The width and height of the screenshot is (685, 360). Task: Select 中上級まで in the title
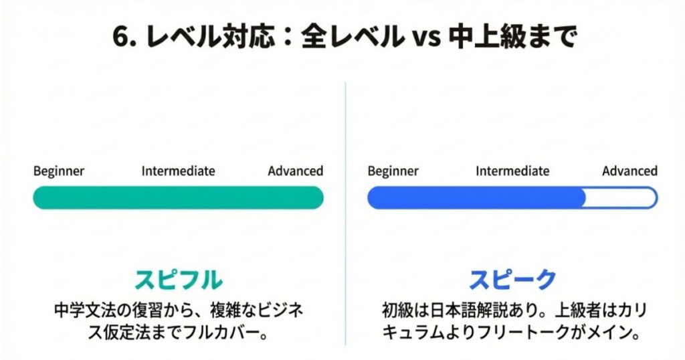point(512,36)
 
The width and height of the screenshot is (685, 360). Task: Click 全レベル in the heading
point(353,36)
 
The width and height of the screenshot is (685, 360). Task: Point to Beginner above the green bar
point(59,171)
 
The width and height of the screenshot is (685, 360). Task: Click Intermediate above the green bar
point(178,171)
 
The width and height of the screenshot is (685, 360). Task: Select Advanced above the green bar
point(295,171)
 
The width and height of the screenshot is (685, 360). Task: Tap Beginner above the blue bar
point(393,171)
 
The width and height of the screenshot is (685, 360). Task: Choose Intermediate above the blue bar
point(512,171)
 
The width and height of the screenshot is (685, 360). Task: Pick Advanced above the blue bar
point(630,171)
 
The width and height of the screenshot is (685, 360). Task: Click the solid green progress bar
point(178,198)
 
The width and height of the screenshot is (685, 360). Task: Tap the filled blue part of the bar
point(476,198)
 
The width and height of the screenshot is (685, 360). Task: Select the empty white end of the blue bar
point(620,198)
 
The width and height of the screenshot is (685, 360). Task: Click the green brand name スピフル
point(178,280)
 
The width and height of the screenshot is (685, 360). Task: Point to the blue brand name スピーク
point(512,280)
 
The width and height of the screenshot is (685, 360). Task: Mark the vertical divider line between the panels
point(346,214)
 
